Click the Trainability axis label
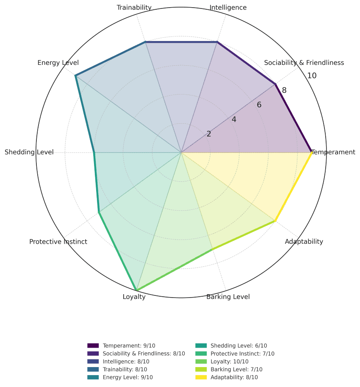134,7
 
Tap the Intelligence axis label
228,7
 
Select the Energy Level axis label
58,63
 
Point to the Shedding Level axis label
29,152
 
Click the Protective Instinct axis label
58,242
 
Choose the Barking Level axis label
228,297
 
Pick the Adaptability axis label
304,242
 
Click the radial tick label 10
312,76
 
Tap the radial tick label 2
209,134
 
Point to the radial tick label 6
259,105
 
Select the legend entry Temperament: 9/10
129,346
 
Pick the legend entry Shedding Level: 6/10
238,346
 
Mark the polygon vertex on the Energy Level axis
75,75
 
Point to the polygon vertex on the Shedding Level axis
94,153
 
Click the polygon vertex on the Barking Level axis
211,250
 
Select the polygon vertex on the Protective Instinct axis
99,212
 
